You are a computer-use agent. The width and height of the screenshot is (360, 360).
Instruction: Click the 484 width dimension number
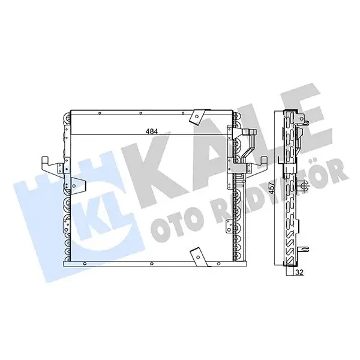pos(152,131)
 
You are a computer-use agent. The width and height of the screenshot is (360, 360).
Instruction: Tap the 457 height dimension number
pos(272,188)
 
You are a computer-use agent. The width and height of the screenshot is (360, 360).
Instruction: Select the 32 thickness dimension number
pos(300,272)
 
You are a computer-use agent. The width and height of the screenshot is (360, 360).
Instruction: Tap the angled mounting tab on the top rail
pos(197,118)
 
